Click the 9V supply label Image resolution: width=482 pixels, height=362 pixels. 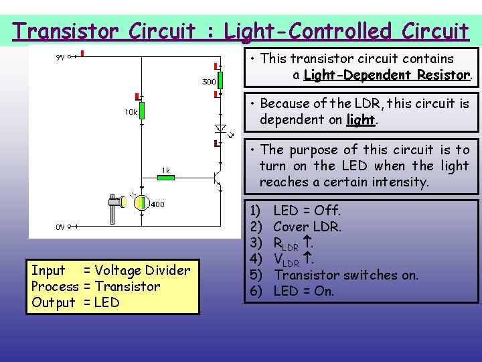[x=60, y=57]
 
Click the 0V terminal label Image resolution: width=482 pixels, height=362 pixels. [x=60, y=227]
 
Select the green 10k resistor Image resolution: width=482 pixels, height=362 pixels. [x=141, y=111]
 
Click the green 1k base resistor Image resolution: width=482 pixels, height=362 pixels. [x=165, y=178]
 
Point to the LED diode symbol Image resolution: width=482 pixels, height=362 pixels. [x=219, y=127]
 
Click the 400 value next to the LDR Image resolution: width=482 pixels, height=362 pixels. [x=157, y=204]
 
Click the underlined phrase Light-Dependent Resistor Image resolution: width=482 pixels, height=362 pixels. [x=387, y=75]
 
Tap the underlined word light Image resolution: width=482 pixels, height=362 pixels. [x=360, y=120]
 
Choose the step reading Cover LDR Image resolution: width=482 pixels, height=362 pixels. [x=307, y=227]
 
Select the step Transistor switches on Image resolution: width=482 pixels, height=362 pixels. [x=345, y=275]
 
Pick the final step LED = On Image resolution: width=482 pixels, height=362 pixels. [x=303, y=291]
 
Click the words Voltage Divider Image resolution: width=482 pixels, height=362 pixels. [x=143, y=270]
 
